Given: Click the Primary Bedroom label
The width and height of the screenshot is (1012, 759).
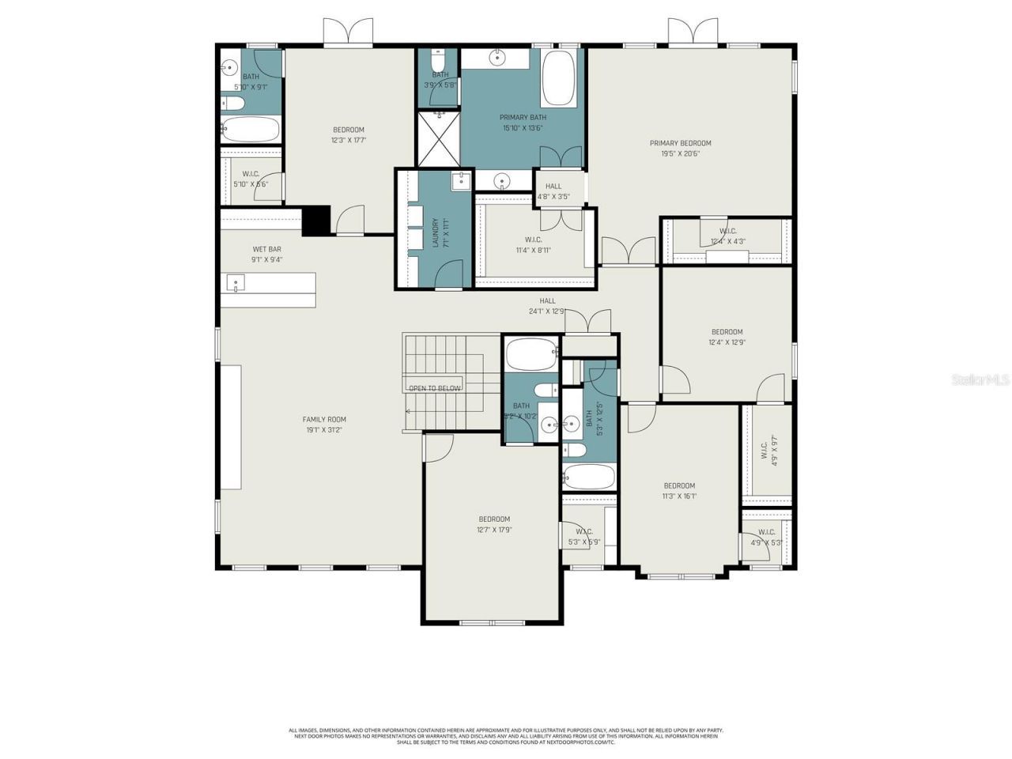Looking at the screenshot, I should point(680,143).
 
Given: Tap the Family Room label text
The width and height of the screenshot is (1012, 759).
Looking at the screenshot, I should point(324,420).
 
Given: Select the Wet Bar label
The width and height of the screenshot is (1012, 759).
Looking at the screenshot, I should point(266,249).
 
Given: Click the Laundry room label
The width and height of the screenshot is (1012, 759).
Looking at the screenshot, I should point(435,232).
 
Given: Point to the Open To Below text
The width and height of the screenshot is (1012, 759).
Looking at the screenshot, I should point(434,388).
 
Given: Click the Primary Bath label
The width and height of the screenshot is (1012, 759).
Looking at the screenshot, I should point(523,117).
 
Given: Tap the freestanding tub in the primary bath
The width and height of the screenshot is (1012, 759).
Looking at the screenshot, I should point(561,79).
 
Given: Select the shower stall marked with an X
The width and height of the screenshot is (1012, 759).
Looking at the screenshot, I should point(438,139).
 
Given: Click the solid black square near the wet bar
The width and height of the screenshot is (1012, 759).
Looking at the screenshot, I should point(315,220).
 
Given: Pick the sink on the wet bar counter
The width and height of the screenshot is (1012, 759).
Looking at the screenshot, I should point(236,282).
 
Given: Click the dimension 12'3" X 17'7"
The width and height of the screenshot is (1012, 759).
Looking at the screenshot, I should point(348,141).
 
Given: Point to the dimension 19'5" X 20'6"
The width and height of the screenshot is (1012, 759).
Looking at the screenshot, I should point(680,153).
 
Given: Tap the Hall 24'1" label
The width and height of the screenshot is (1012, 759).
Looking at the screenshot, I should point(547,300).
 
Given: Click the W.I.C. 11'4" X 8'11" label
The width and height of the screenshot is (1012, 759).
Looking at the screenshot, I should point(533,240).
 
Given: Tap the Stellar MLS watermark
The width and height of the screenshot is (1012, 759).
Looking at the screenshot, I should point(980,380).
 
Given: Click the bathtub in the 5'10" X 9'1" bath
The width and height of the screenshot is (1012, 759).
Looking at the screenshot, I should point(250,129).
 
